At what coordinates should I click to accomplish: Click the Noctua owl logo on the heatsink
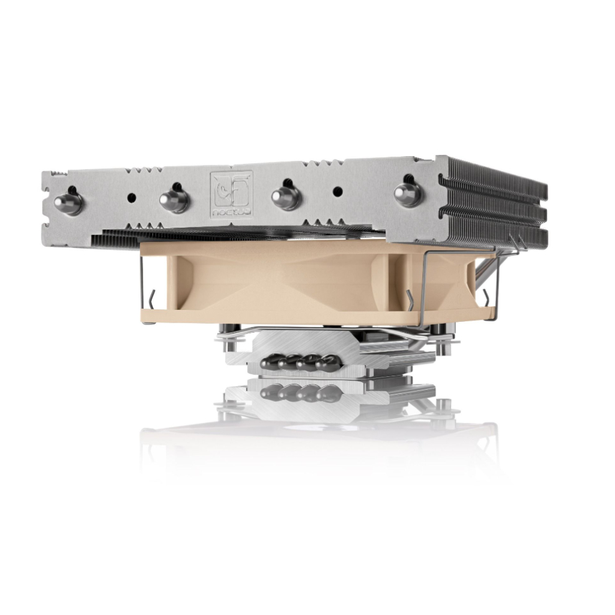click(x=231, y=189)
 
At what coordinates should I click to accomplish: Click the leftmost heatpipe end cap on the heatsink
click(x=67, y=202)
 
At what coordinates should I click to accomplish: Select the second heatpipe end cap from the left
click(x=175, y=198)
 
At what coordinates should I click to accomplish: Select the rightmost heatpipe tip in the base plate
click(x=328, y=362)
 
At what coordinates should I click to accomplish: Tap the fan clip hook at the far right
click(x=485, y=294)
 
